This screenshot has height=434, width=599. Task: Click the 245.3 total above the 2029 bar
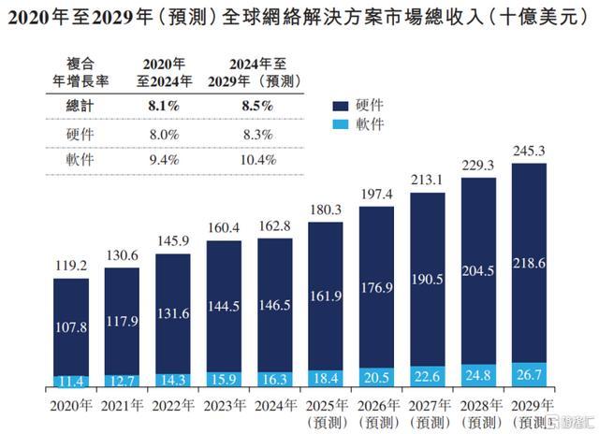click(x=530, y=151)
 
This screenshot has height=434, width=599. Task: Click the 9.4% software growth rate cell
click(x=165, y=161)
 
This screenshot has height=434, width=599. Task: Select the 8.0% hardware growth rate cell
click(x=165, y=135)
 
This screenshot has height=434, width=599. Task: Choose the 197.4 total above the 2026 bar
click(x=376, y=194)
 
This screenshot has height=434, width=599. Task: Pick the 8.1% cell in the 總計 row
click(x=165, y=107)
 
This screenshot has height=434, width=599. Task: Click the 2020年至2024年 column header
click(x=165, y=72)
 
